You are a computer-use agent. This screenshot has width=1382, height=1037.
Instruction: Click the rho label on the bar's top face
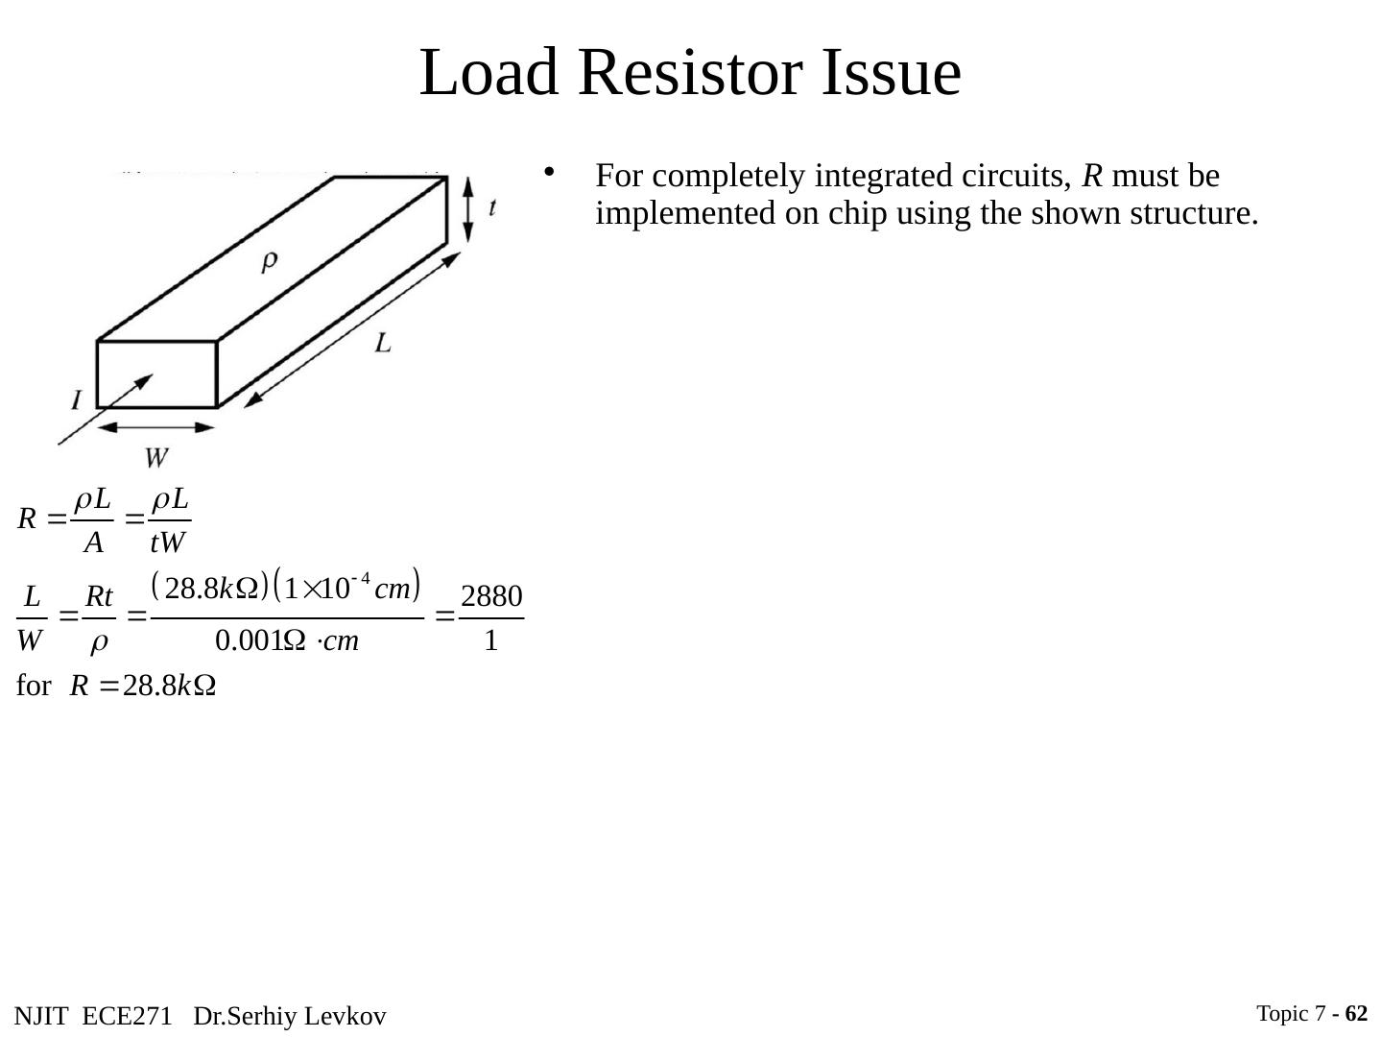pyautogui.click(x=271, y=259)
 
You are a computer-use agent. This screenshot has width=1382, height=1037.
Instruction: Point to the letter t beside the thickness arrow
pyautogui.click(x=492, y=206)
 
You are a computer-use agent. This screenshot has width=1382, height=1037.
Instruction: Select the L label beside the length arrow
pyautogui.click(x=383, y=343)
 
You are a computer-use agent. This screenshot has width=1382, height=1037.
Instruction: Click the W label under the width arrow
pyautogui.click(x=156, y=458)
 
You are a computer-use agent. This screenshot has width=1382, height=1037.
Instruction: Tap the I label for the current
pyautogui.click(x=76, y=398)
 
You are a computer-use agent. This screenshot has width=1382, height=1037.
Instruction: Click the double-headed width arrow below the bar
pyautogui.click(x=156, y=426)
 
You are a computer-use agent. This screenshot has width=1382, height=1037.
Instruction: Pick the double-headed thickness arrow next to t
pyautogui.click(x=467, y=208)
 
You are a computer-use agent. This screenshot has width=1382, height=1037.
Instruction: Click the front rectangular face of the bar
pyautogui.click(x=156, y=374)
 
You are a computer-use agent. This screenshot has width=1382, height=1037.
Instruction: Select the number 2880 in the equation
pyautogui.click(x=491, y=597)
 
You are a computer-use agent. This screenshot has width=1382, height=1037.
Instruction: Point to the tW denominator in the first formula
pyautogui.click(x=167, y=543)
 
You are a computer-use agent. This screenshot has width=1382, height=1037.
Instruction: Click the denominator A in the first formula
pyautogui.click(x=93, y=543)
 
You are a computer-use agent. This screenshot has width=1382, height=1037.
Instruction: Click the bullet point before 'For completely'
pyautogui.click(x=550, y=173)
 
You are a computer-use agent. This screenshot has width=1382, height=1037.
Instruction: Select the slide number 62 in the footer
pyautogui.click(x=1356, y=1013)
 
